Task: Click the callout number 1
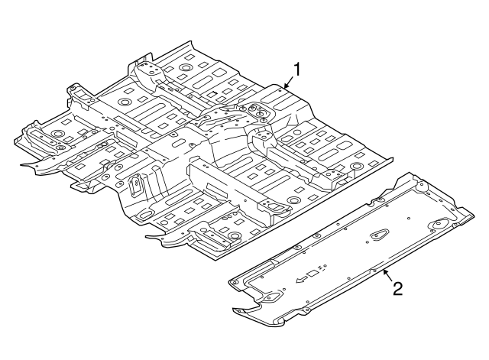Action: (297, 69)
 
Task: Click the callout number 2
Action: (397, 288)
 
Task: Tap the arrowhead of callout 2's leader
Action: (384, 269)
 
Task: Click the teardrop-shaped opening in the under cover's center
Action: (377, 237)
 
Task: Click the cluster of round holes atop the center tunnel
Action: (256, 111)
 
